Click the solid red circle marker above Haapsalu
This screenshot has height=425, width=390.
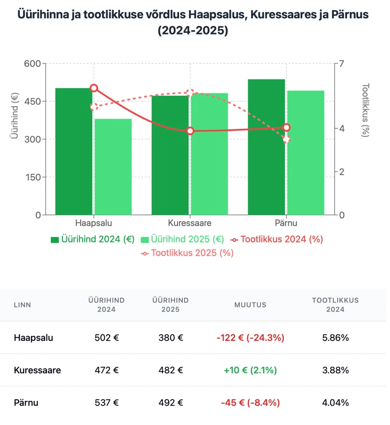point(94,88)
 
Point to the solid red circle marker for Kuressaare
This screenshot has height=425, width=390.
point(190,131)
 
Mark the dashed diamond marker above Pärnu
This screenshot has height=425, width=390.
point(286,139)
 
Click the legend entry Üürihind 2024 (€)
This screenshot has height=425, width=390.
point(92,239)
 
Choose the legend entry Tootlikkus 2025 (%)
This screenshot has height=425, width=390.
point(187,253)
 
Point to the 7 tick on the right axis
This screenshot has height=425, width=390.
point(341,64)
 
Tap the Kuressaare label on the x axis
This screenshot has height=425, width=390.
point(190,223)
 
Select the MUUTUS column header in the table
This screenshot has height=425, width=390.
point(250,305)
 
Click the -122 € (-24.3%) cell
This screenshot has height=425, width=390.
point(250,338)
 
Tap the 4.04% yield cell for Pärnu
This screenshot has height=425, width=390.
point(335,403)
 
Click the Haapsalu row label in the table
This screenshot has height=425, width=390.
point(34,338)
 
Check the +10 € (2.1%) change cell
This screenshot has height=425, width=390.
point(250,370)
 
